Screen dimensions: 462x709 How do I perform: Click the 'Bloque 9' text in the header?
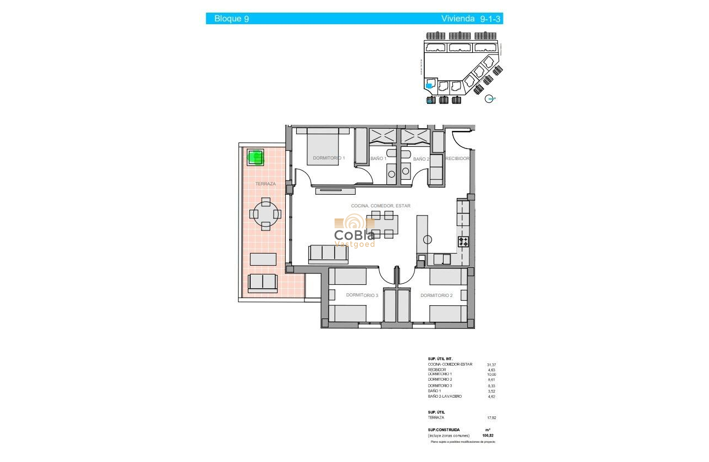(x=231, y=19)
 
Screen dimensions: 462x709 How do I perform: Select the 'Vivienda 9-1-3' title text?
(x=471, y=19)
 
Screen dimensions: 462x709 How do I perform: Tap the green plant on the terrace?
(x=256, y=157)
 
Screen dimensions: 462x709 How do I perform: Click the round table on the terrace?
(x=266, y=214)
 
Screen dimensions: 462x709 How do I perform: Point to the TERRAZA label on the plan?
(x=265, y=184)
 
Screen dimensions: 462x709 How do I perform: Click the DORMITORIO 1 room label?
(x=329, y=158)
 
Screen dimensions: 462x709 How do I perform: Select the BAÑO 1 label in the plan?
(x=378, y=159)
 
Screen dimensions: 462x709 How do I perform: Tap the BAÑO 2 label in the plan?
(x=421, y=159)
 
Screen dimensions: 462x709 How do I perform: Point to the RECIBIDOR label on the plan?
(x=457, y=158)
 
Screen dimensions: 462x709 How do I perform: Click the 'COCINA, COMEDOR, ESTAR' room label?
(x=380, y=206)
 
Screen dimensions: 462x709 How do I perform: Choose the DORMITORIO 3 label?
(x=362, y=295)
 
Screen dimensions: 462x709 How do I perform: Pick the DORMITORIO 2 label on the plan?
(x=436, y=295)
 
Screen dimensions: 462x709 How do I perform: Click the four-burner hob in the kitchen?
(x=463, y=241)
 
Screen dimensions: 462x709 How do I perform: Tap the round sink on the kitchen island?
(x=428, y=239)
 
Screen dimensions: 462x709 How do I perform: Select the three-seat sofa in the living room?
(x=328, y=253)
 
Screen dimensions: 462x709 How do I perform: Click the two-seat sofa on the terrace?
(x=263, y=283)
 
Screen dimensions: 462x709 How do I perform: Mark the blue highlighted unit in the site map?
(x=429, y=86)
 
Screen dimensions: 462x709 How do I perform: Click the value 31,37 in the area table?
(x=491, y=364)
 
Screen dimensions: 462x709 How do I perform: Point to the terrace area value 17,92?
(x=491, y=417)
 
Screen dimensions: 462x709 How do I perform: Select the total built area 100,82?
(x=488, y=435)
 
